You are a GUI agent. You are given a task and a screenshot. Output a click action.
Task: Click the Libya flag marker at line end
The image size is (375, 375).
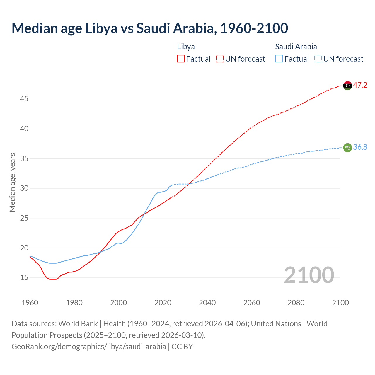click(347, 86)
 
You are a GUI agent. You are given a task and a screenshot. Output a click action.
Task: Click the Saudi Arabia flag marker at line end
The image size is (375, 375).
click(347, 147)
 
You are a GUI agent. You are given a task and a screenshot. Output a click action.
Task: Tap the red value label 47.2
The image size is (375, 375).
click(360, 85)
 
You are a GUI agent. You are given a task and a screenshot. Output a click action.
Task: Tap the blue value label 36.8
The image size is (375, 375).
click(360, 147)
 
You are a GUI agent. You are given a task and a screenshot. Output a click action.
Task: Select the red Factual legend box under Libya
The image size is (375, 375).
click(181, 59)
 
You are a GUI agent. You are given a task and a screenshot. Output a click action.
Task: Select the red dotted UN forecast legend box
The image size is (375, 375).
click(220, 59)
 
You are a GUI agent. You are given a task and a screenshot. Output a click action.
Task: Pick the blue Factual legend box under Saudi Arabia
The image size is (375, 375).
click(279, 59)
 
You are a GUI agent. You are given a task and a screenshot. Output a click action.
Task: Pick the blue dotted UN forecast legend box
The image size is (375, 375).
click(318, 59)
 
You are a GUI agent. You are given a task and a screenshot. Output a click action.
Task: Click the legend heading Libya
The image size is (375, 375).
click(186, 47)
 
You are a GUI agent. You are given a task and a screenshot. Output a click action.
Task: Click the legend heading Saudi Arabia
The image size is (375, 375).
click(296, 47)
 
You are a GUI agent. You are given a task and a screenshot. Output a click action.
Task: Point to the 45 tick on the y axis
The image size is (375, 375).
click(24, 99)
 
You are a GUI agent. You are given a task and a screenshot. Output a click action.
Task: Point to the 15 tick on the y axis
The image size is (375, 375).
click(24, 278)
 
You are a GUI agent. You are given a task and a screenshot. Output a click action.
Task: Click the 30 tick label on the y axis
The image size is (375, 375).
click(24, 188)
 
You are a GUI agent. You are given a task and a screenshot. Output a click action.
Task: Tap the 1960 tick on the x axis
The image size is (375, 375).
click(30, 303)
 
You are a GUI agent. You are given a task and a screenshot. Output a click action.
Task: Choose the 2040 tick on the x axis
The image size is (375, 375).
click(207, 303)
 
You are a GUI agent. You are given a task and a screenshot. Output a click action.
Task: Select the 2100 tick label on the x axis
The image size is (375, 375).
click(340, 303)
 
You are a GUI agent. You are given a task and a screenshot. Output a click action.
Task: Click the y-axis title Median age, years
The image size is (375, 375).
click(12, 182)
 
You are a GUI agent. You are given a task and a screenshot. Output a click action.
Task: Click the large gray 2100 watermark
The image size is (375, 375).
click(309, 275)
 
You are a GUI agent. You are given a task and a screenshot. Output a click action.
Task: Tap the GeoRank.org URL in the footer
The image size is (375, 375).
click(88, 347)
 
